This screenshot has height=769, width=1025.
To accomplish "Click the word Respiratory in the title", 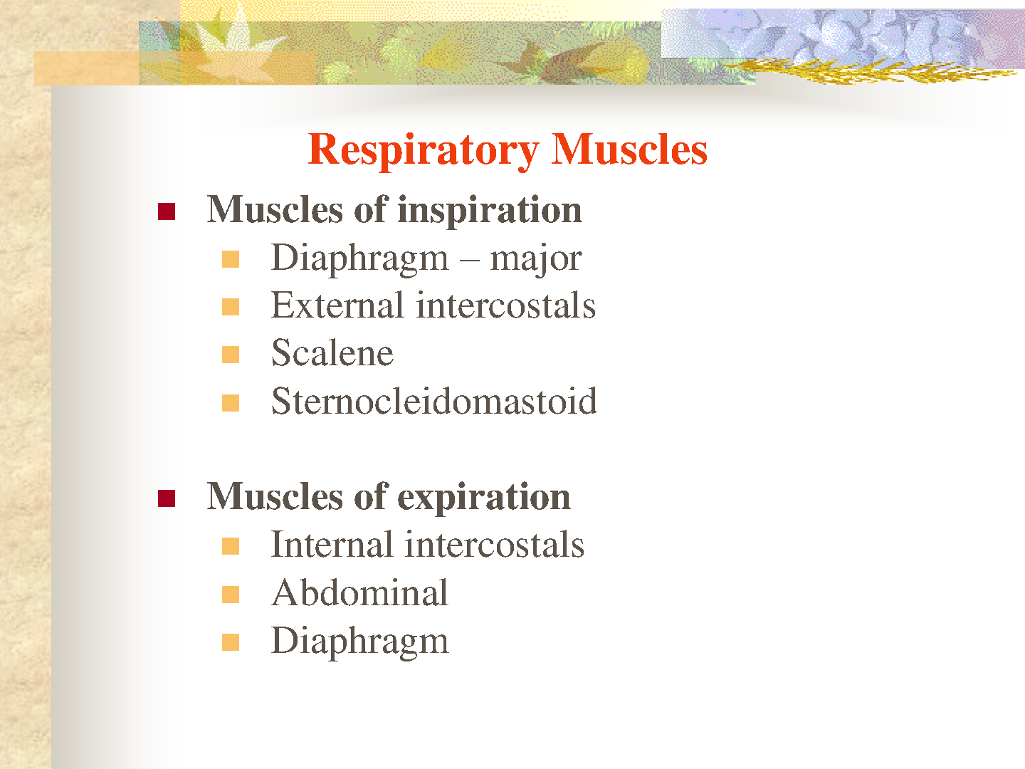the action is (x=424, y=150).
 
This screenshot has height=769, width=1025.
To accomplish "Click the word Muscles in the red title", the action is (x=629, y=149).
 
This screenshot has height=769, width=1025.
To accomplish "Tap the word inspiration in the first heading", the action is (x=490, y=211).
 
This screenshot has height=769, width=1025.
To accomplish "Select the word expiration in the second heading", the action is (x=484, y=498).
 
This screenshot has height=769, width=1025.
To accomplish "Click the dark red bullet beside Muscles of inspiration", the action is (x=167, y=211).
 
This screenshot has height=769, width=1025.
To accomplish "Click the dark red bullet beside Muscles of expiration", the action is (x=167, y=498).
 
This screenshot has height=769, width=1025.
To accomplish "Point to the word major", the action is (x=535, y=259).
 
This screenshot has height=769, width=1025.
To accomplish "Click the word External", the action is (x=337, y=305).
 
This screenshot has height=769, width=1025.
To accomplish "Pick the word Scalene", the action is (x=332, y=353).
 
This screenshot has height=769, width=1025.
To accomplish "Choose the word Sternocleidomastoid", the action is (x=434, y=401).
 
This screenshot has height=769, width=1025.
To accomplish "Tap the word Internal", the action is (x=332, y=545).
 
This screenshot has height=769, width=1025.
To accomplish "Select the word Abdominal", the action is (x=360, y=592).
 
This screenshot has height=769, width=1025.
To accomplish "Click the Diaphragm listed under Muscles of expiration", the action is (x=360, y=642).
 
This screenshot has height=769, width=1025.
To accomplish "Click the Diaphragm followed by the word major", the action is (x=360, y=258).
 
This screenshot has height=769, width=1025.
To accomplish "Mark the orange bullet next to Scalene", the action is (x=231, y=355).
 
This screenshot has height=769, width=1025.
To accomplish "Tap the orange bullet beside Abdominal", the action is (x=231, y=595).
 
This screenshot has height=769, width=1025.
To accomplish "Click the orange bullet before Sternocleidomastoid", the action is (x=231, y=403).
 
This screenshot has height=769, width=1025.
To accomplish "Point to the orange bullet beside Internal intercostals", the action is (x=231, y=546).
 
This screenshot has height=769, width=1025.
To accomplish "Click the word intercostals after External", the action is (x=506, y=305).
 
